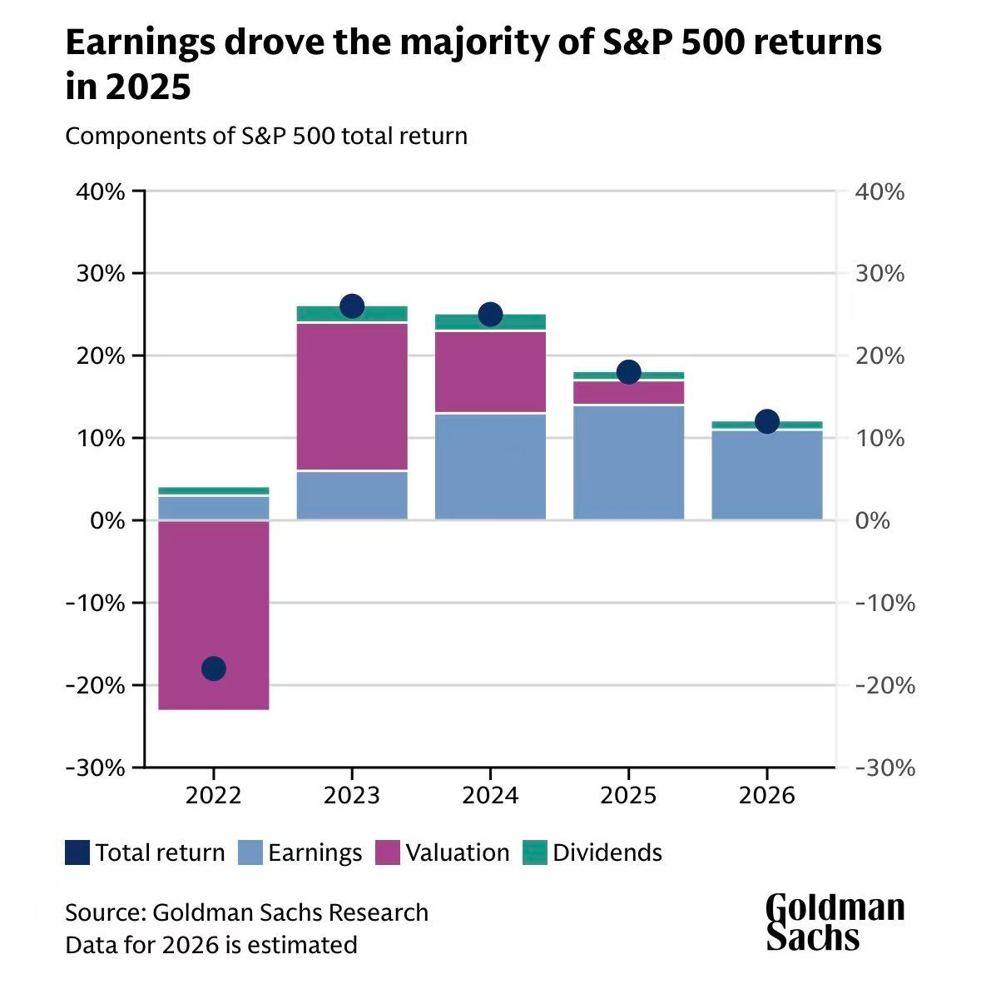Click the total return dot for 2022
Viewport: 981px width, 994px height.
coord(214,668)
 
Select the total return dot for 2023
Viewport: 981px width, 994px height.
coord(352,306)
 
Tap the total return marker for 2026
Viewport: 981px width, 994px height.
coord(767,421)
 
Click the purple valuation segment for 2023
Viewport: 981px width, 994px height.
coord(352,396)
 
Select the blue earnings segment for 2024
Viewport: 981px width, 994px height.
coord(491,466)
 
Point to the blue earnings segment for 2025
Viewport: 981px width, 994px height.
coord(629,462)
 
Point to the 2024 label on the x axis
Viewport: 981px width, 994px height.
coord(491,795)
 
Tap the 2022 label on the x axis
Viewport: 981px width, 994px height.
coord(214,795)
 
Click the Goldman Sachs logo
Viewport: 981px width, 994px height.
coord(835,922)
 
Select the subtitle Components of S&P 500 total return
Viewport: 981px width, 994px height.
coord(266,136)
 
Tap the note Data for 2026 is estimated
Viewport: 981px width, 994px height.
coord(211,945)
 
